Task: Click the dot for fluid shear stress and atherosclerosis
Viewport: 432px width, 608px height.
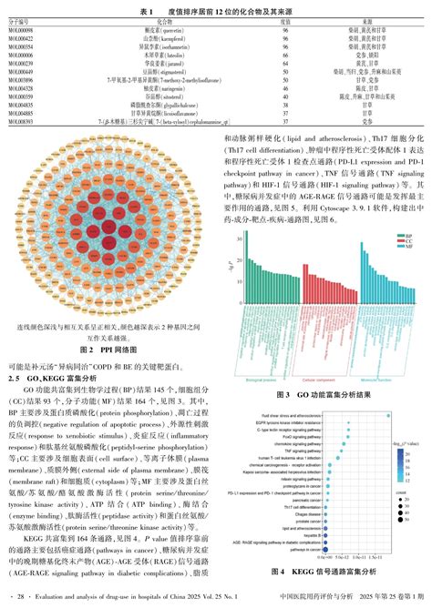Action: (388, 415)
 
